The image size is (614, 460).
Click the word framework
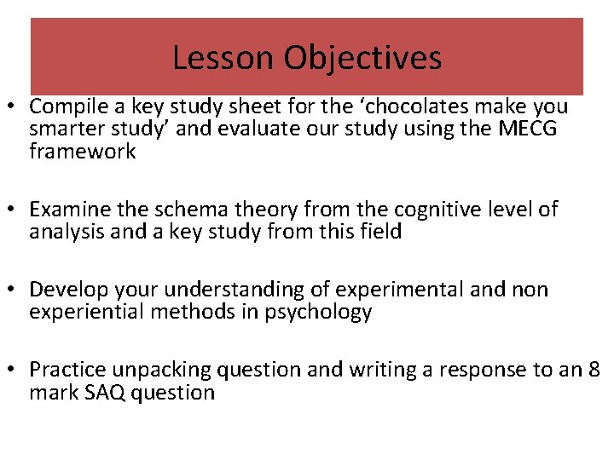point(82,152)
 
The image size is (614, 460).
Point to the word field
point(380,231)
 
